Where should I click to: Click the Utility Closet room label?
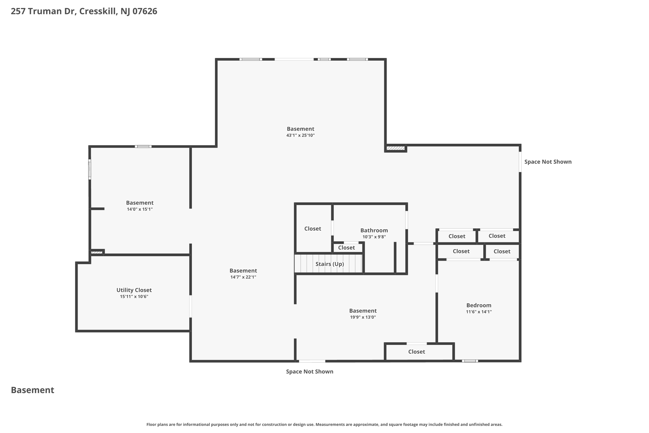pyautogui.click(x=134, y=290)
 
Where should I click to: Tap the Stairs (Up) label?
pyautogui.click(x=330, y=264)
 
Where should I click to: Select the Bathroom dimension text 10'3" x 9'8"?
pyautogui.click(x=374, y=237)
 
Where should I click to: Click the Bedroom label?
pyautogui.click(x=479, y=305)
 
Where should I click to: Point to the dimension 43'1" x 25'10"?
pyautogui.click(x=300, y=135)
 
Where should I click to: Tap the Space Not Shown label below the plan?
pyautogui.click(x=309, y=371)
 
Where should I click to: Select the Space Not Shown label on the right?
pyautogui.click(x=548, y=162)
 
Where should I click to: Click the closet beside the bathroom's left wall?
pyautogui.click(x=312, y=229)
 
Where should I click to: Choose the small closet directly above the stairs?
pyautogui.click(x=346, y=248)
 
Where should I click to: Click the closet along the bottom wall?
pyautogui.click(x=416, y=351)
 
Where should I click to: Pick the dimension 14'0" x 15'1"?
pyautogui.click(x=140, y=209)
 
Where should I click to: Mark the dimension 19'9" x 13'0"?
pyautogui.click(x=363, y=317)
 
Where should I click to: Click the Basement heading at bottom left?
pyautogui.click(x=32, y=390)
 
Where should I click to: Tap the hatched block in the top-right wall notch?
pyautogui.click(x=395, y=148)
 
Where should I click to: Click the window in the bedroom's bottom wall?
pyautogui.click(x=470, y=361)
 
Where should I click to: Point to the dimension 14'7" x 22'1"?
pyautogui.click(x=243, y=277)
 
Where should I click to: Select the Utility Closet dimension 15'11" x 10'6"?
pyautogui.click(x=134, y=297)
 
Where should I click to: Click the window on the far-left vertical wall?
pyautogui.click(x=90, y=169)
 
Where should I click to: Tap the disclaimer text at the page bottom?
pyautogui.click(x=324, y=424)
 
